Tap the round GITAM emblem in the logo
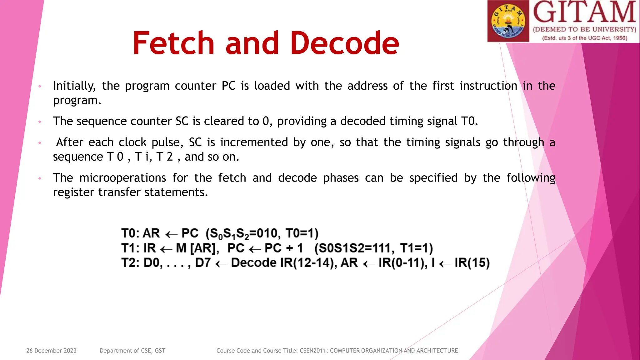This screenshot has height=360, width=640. (508, 21)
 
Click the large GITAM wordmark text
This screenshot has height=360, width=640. (584, 12)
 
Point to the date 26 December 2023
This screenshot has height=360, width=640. (51, 351)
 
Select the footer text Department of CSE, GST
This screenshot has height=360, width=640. (132, 351)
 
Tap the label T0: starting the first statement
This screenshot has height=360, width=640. (130, 233)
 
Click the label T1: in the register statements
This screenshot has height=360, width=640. (130, 248)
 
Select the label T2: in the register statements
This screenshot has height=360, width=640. (130, 263)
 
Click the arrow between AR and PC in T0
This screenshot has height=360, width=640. (171, 234)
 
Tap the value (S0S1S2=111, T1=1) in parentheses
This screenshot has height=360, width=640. (373, 248)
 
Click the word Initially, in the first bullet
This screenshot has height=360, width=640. (74, 86)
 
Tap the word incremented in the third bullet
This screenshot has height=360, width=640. (254, 142)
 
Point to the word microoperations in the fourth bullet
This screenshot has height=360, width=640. (122, 178)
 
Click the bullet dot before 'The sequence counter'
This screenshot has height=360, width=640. (40, 122)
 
